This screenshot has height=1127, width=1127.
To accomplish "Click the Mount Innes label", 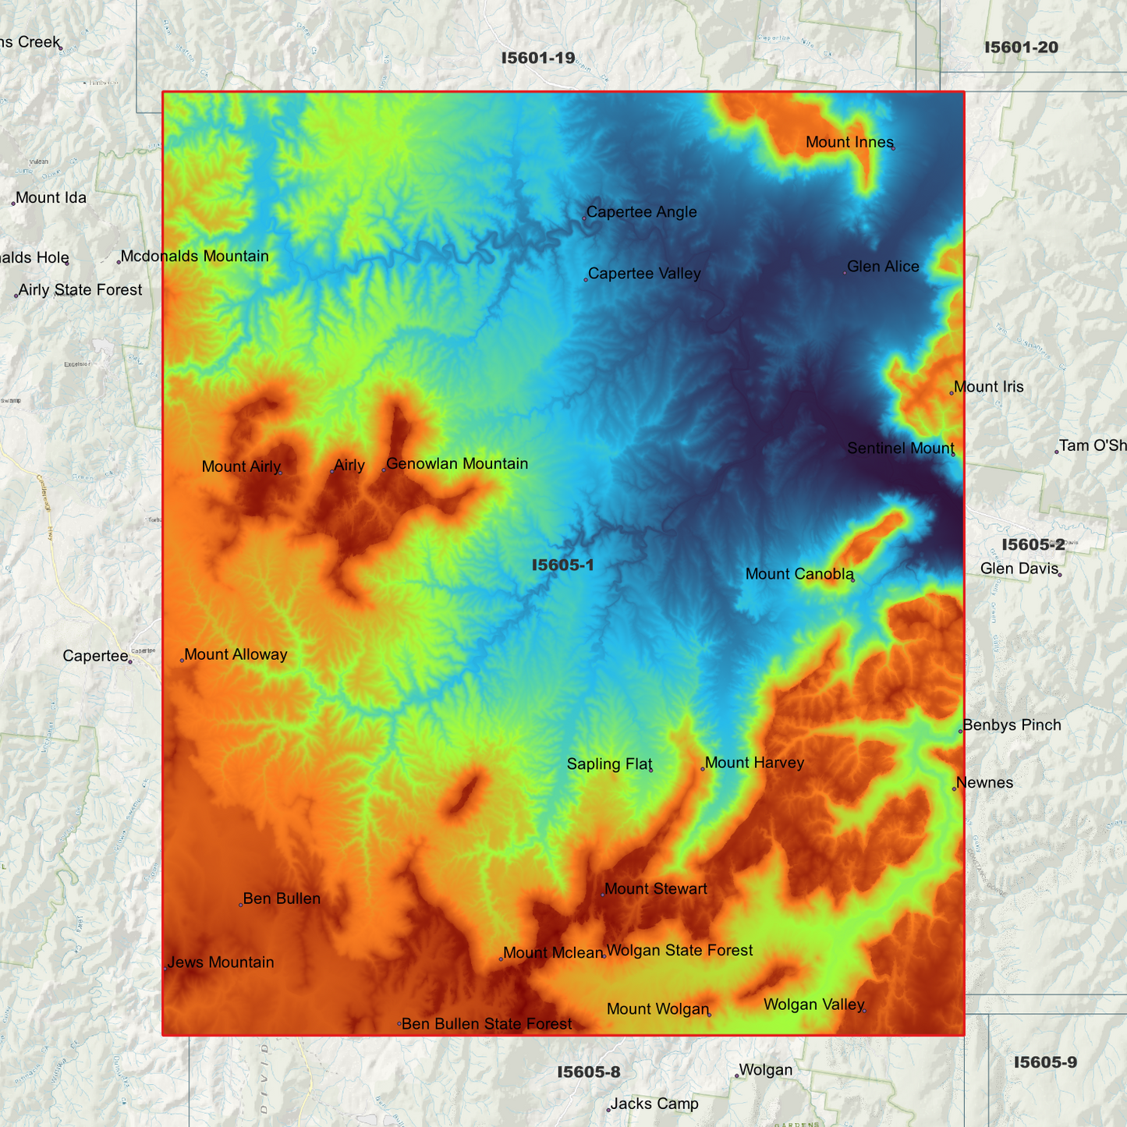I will (x=849, y=142).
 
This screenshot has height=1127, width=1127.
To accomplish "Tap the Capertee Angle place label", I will (x=641, y=212).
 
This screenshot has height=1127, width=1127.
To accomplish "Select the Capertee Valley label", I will (x=644, y=274).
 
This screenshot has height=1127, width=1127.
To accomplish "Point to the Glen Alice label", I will (x=883, y=267).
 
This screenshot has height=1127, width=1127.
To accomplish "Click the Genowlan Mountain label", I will (x=457, y=464).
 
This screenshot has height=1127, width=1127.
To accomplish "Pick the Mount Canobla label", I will (x=799, y=574).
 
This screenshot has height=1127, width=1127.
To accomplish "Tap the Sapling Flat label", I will (x=609, y=764).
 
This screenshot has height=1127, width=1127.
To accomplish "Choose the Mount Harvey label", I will (x=754, y=763).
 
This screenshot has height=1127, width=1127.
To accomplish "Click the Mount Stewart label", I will (x=656, y=889).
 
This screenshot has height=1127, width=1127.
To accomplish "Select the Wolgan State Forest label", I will (x=679, y=951).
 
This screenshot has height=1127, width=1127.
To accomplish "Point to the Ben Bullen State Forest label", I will (x=487, y=1024).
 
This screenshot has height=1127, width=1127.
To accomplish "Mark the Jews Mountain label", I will (x=221, y=962).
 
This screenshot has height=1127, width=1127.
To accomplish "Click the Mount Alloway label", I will (x=236, y=655).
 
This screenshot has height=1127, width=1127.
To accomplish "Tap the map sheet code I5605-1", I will (x=562, y=565).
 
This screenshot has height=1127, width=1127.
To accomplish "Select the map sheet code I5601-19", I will (x=538, y=58).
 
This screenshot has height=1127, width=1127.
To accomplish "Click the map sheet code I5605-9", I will (x=1045, y=1063).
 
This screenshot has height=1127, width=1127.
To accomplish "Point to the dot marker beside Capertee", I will (x=130, y=662).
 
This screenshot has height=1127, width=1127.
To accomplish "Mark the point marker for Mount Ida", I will (x=13, y=204).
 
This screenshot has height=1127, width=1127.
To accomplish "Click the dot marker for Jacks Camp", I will (x=608, y=1110).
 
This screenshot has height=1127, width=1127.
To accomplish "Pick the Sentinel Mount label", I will (x=900, y=448).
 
